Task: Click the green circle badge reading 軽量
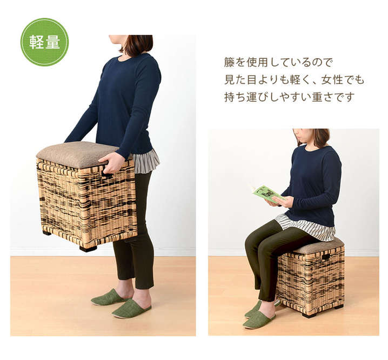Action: point(44,42)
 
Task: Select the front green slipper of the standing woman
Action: point(131,308)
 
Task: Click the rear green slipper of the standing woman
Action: point(109,297)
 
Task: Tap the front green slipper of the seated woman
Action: point(259,322)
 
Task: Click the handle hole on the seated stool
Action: point(326,258)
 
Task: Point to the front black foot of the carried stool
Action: point(88,248)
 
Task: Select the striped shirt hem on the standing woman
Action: point(146,162)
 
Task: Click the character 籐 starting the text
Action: point(229,62)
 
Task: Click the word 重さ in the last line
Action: point(323,97)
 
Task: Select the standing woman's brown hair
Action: point(137,44)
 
